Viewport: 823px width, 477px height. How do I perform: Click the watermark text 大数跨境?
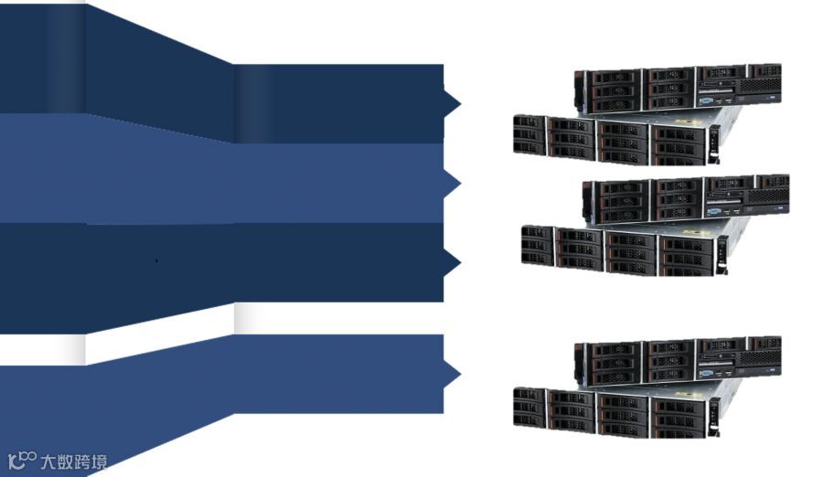point(74,461)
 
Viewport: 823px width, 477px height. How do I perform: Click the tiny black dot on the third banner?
point(156,260)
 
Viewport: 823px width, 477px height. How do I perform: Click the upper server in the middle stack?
point(686,197)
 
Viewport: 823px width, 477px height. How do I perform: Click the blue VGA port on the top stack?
point(708,100)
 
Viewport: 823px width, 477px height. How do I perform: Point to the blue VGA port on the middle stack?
point(716,211)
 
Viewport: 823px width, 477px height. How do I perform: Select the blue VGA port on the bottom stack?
point(708,372)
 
